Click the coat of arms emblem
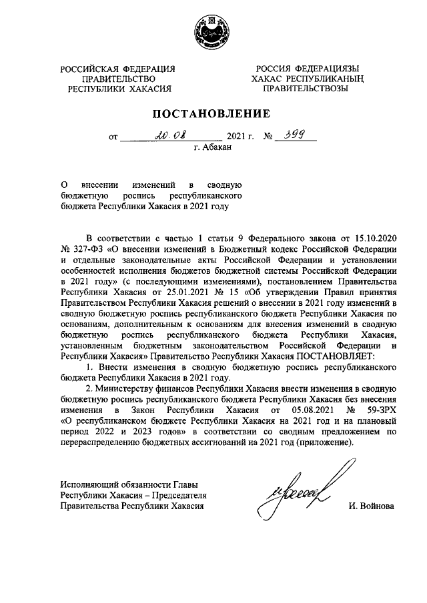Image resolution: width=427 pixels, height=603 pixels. pyautogui.click(x=212, y=31)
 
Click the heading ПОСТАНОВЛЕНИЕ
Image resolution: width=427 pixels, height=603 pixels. pyautogui.click(x=213, y=113)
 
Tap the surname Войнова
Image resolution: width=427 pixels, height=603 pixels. pyautogui.click(x=371, y=506)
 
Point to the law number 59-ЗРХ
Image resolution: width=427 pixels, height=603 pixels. pyautogui.click(x=379, y=411)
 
